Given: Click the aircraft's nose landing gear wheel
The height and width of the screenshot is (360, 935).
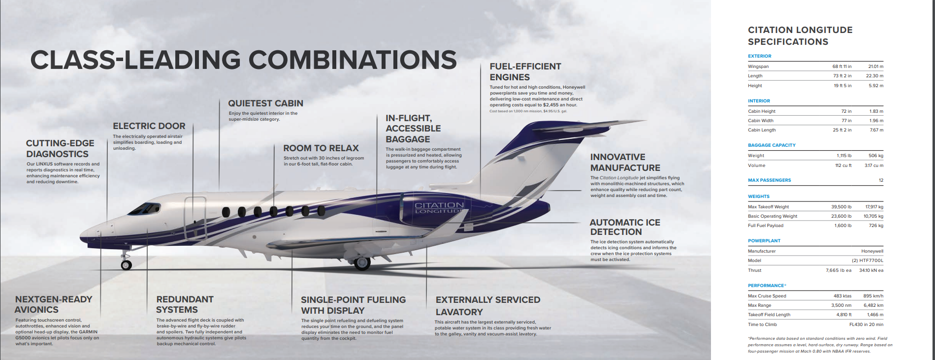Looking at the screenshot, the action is [127, 265].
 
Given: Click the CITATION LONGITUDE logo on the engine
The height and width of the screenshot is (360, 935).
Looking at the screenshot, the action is [439, 207].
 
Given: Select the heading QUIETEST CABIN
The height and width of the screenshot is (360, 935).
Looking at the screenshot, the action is [265, 103].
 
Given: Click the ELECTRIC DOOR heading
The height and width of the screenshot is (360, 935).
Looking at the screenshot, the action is [149, 126].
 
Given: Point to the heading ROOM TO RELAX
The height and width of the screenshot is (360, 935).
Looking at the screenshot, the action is [321, 148].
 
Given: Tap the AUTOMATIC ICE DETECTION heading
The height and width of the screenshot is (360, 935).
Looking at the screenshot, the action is [625, 227].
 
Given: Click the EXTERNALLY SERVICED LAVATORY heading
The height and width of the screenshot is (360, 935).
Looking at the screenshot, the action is [487, 306].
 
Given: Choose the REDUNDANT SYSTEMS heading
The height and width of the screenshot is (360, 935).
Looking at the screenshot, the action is [185, 304].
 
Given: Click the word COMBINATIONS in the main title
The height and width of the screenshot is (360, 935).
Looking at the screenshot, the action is [352, 60].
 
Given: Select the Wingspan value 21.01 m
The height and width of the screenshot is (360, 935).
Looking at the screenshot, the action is [875, 66].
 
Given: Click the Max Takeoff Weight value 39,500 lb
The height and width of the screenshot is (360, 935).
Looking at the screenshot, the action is [841, 207].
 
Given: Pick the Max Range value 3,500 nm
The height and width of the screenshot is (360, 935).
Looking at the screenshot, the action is [841, 305].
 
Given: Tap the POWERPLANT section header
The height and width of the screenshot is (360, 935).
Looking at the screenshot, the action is [764, 241].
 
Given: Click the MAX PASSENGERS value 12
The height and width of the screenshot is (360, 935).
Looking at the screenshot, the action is [881, 180].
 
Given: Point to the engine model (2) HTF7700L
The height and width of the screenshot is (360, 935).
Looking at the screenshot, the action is [868, 261].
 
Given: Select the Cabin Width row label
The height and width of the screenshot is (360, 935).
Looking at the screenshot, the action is [761, 121].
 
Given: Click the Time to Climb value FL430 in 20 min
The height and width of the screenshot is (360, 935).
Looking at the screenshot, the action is [866, 325].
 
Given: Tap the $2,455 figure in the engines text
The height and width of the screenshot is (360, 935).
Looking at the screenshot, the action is [553, 105].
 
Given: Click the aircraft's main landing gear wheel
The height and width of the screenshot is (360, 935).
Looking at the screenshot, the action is [362, 263].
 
